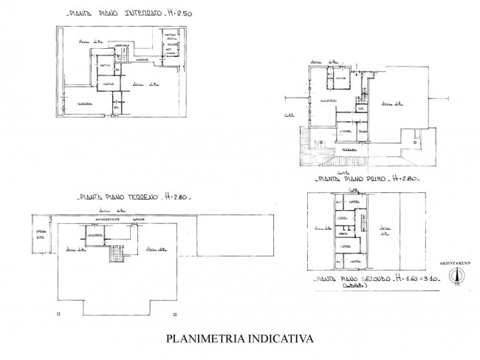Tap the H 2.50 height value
(171, 13)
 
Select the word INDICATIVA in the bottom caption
(277, 339)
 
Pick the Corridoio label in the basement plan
(143, 58)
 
